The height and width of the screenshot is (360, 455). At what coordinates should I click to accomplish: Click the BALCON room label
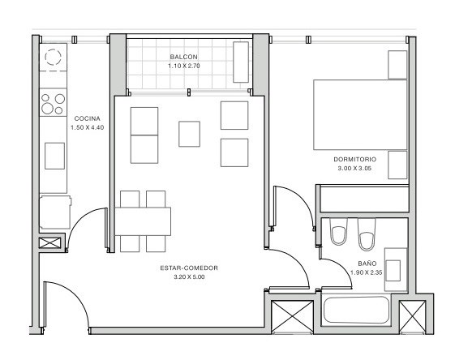(x=183, y=57)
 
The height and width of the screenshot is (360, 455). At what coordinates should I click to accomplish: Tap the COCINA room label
(x=88, y=118)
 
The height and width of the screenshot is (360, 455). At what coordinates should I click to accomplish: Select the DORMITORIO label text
(x=355, y=159)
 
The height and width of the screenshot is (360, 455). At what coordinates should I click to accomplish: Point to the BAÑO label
(x=367, y=264)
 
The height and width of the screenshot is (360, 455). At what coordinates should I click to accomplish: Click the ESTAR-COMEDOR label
(x=189, y=268)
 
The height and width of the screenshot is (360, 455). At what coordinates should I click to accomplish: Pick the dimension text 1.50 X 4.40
(x=88, y=127)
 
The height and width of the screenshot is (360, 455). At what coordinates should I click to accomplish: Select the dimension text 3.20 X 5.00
(x=189, y=277)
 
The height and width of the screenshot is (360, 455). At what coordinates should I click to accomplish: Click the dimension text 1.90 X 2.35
(x=367, y=272)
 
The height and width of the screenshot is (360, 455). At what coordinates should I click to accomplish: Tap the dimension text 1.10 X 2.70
(x=184, y=66)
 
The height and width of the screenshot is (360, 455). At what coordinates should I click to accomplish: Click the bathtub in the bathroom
(x=356, y=310)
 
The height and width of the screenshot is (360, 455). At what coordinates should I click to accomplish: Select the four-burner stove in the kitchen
(x=53, y=102)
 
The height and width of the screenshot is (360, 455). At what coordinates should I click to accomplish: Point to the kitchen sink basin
(x=54, y=156)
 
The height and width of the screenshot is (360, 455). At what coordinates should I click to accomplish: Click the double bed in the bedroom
(x=360, y=114)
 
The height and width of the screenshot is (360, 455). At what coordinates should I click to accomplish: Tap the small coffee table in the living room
(x=189, y=134)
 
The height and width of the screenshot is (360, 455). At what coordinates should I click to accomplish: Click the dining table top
(x=143, y=221)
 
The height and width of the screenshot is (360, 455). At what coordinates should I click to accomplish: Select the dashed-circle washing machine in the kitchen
(x=53, y=57)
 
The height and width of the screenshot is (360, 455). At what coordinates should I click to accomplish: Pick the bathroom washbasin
(x=396, y=269)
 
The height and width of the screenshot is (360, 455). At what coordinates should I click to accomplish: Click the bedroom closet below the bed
(x=364, y=199)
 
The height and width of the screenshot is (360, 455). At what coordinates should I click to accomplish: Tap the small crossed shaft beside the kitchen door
(x=50, y=243)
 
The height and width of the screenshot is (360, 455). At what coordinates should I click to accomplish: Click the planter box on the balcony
(x=241, y=62)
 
